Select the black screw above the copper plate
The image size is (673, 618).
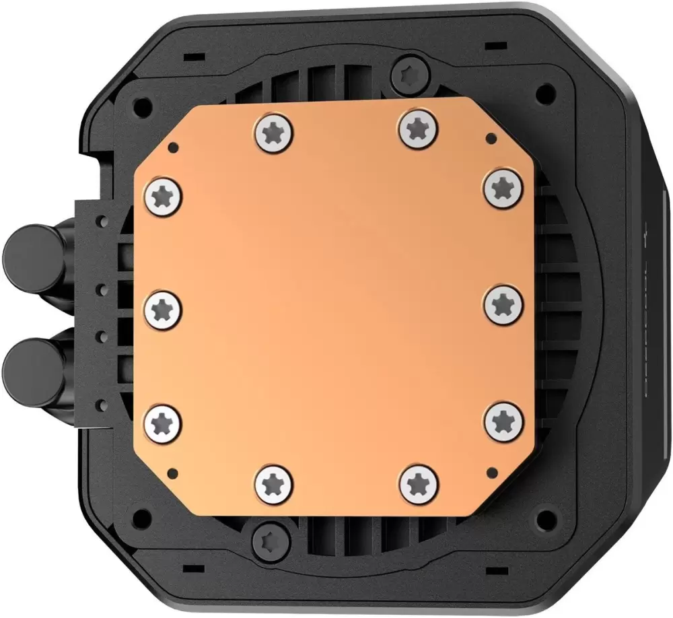point(408,70)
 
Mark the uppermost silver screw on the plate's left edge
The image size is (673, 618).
point(164,197)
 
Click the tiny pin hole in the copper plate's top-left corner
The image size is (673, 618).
point(173,145)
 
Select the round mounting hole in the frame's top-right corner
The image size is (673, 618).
point(546,90)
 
